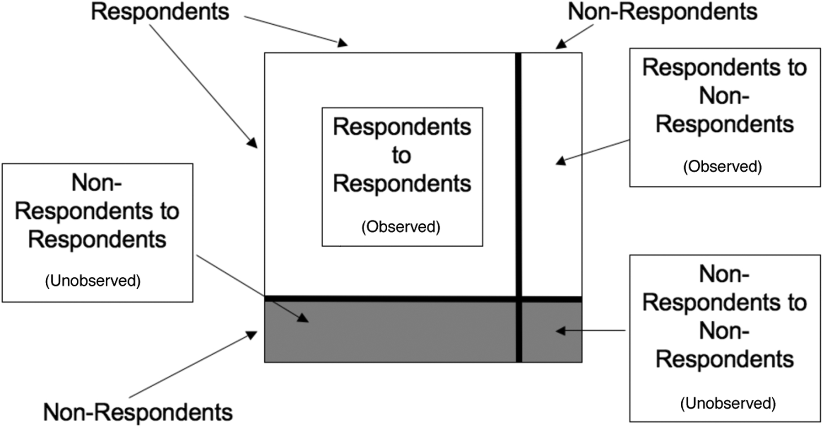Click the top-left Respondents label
click(160, 12)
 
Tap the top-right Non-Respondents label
click(662, 12)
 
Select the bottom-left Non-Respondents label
click(138, 412)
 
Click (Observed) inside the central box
click(401, 227)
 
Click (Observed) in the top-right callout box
click(722, 166)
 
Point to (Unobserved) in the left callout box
click(93, 281)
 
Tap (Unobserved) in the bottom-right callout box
click(728, 403)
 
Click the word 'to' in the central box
click(401, 156)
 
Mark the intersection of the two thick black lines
click(518, 299)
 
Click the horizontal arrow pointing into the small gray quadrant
click(590, 330)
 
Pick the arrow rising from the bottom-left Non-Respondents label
click(192, 365)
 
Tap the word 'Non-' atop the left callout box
click(96, 183)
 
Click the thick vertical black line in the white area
click(518, 174)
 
